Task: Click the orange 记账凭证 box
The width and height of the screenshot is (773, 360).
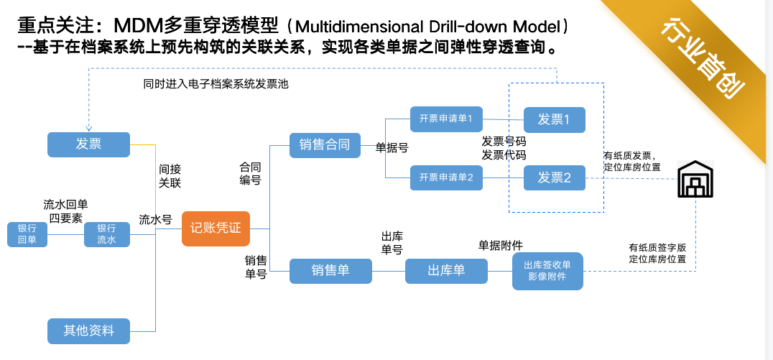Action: coord(216,229)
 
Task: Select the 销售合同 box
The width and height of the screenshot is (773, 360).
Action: coord(325,145)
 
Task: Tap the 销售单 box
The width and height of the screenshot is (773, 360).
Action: coord(330,271)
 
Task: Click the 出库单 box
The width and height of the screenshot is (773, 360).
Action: coord(446,271)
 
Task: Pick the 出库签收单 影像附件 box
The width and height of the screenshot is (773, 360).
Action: coord(547,271)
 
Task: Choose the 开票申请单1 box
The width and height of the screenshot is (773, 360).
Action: coord(446,119)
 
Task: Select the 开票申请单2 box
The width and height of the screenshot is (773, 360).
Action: coord(446,177)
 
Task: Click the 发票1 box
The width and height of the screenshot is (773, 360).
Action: coord(554,120)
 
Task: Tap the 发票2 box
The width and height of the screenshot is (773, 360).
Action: coord(554,177)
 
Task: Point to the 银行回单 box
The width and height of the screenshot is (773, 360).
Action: coord(27,234)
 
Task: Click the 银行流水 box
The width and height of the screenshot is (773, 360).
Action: coord(106,234)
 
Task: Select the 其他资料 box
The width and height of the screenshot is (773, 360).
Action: coord(89,331)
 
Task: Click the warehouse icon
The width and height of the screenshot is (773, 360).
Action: coord(695,178)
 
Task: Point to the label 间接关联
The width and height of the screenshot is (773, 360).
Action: coord(170,176)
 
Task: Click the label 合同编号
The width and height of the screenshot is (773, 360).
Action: coord(250,174)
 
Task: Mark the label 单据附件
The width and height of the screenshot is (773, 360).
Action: coord(501,245)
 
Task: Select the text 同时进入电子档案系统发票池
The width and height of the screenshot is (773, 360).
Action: coord(216,84)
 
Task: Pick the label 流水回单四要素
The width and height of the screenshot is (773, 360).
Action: coord(65,211)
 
